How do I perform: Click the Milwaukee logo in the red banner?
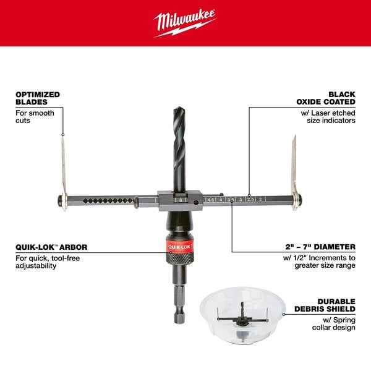coord(185,23)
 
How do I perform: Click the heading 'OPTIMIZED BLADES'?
coord(38,98)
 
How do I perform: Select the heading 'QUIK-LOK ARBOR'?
coord(51,247)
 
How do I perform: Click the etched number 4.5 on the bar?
coord(211,200)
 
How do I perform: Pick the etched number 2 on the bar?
coord(261,200)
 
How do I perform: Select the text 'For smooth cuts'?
coord(35,117)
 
